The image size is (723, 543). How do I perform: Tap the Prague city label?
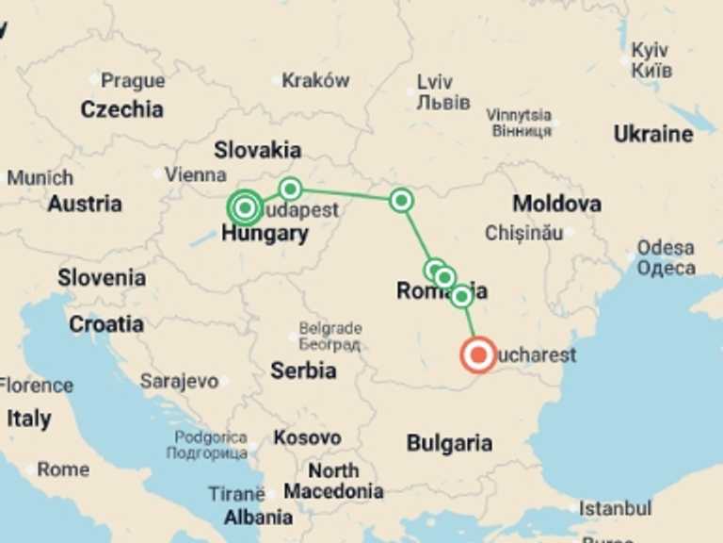click(x=133, y=81)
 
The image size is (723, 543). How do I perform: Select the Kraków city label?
click(x=315, y=81)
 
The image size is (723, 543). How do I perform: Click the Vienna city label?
click(x=195, y=174)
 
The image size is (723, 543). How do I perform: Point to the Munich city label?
click(x=40, y=177)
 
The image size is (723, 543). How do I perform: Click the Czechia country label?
click(x=121, y=109)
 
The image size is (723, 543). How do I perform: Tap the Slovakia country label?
click(x=257, y=150)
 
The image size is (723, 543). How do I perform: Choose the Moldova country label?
click(x=556, y=204)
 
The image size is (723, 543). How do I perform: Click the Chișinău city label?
click(x=524, y=232)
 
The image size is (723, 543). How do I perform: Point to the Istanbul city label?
click(x=615, y=508)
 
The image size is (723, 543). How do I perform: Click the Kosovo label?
click(x=307, y=438)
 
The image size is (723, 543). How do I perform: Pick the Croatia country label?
click(x=106, y=324)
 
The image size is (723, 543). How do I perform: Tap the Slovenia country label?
click(x=102, y=278)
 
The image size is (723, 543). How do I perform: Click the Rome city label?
click(x=63, y=469)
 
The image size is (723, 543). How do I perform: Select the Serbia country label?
click(x=303, y=370)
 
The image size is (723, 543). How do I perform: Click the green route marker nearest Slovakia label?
click(x=290, y=189)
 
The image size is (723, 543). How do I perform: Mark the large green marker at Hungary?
click(x=245, y=207)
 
